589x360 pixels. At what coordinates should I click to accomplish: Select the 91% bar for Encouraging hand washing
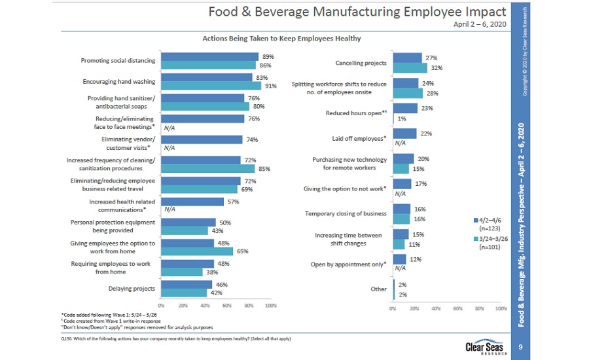pos(211,85)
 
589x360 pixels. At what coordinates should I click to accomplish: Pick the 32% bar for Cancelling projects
pos(410,67)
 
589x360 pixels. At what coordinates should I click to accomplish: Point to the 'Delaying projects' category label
pos(132,288)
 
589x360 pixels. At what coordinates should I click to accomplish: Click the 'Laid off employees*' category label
pos(359,138)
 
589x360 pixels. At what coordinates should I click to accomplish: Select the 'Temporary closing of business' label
pos(346,213)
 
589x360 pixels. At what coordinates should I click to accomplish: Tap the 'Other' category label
pos(378,289)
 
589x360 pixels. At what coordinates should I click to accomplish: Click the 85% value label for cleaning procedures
pos(265,169)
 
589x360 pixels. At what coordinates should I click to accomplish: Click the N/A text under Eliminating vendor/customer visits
pos(169,148)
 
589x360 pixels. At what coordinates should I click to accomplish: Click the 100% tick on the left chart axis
pos(270,305)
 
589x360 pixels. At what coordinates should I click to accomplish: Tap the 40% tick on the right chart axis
pos(436,308)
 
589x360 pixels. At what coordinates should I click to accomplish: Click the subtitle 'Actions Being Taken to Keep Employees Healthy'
pos(281,39)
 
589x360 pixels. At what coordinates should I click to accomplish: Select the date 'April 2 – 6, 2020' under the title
pos(480,24)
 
